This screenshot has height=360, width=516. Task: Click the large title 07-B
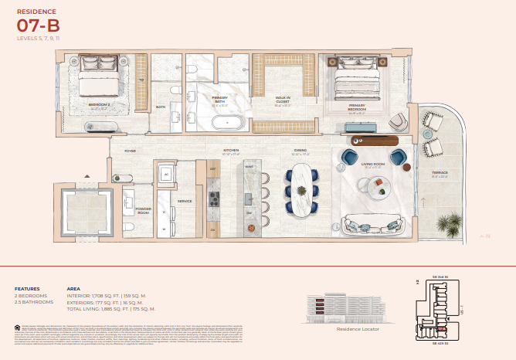[38, 26]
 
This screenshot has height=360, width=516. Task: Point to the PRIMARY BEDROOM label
[357, 107]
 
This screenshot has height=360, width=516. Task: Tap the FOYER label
[131, 151]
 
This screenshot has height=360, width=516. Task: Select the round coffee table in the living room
[379, 185]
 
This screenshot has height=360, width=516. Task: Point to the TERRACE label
[440, 173]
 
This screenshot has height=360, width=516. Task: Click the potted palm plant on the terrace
[449, 226]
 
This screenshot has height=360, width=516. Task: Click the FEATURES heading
[26, 289]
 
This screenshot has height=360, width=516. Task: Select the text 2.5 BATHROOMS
[32, 301]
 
